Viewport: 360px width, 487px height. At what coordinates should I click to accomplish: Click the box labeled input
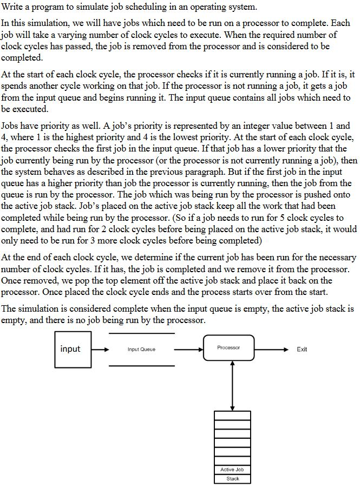[x=73, y=349]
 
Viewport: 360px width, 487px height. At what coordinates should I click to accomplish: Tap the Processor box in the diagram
[x=228, y=348]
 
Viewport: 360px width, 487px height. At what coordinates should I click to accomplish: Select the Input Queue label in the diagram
[x=141, y=350]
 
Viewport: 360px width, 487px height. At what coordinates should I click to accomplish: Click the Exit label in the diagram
[x=302, y=350]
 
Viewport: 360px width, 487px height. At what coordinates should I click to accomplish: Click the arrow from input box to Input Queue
[x=100, y=350]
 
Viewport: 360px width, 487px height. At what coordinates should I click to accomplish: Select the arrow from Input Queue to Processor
[x=188, y=350]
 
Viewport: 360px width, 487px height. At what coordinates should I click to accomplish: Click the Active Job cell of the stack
[x=233, y=470]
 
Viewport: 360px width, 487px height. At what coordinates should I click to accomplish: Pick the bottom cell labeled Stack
[x=233, y=479]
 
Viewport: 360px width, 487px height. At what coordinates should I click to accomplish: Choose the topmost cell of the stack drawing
[x=233, y=416]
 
